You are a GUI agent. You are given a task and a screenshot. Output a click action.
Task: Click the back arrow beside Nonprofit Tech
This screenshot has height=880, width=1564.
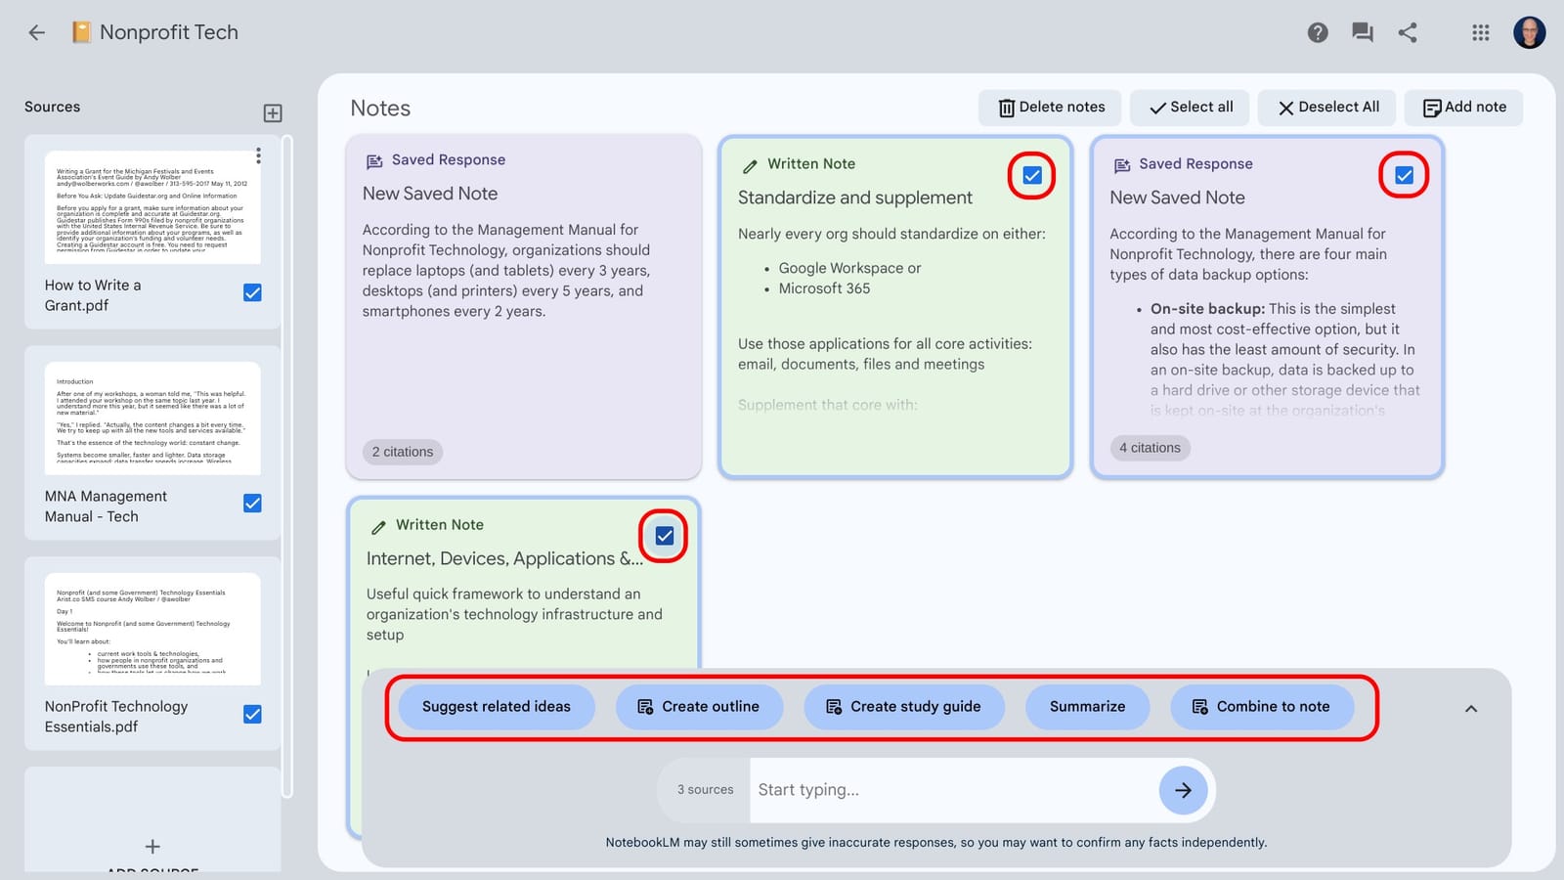point(37,32)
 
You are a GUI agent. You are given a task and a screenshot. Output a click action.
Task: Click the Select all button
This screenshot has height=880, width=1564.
point(1190,108)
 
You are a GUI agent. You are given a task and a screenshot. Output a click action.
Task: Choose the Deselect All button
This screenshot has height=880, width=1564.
point(1327,108)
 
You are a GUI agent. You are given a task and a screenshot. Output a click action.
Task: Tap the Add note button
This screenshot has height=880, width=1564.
point(1463,108)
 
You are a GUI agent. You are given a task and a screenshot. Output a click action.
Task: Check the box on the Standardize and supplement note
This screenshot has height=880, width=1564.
point(1031,176)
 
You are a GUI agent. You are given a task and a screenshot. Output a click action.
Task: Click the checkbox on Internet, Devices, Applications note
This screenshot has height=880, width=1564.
point(664,536)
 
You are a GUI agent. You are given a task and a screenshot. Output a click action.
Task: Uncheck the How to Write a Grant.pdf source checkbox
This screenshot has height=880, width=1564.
point(252,292)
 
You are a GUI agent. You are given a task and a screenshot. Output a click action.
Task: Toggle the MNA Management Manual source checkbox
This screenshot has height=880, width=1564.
point(252,504)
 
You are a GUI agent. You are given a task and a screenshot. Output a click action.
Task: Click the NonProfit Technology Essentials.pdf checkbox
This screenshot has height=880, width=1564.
point(252,715)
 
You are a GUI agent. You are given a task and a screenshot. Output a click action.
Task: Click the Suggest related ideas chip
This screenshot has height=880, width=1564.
point(496,707)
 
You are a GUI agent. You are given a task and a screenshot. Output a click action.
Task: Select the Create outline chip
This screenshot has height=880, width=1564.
point(699,707)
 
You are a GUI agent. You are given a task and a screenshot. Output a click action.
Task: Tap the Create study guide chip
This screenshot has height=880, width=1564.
point(904,707)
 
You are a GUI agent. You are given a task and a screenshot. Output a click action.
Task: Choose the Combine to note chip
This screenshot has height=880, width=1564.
point(1261,707)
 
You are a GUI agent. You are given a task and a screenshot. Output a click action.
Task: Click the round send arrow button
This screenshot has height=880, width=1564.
point(1183,790)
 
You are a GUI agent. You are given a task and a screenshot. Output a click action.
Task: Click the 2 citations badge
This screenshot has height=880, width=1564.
point(403,452)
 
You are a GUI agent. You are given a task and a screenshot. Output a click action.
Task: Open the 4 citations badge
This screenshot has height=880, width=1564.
point(1150,448)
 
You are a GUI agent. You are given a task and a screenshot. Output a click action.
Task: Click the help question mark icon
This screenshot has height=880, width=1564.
point(1318,33)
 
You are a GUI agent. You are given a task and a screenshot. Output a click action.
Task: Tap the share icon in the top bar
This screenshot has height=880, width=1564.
point(1408,33)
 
